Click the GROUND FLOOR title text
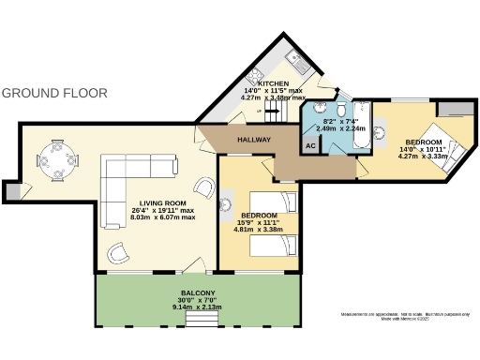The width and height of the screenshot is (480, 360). pos(54,94)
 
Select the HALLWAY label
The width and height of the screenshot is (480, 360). pos(253,141)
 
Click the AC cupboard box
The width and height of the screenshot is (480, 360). pos(310,145)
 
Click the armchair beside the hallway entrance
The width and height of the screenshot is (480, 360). pos(203,186)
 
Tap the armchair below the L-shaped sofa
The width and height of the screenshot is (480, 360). pos(119,251)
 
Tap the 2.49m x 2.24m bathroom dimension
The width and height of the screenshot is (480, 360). pos(335,128)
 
